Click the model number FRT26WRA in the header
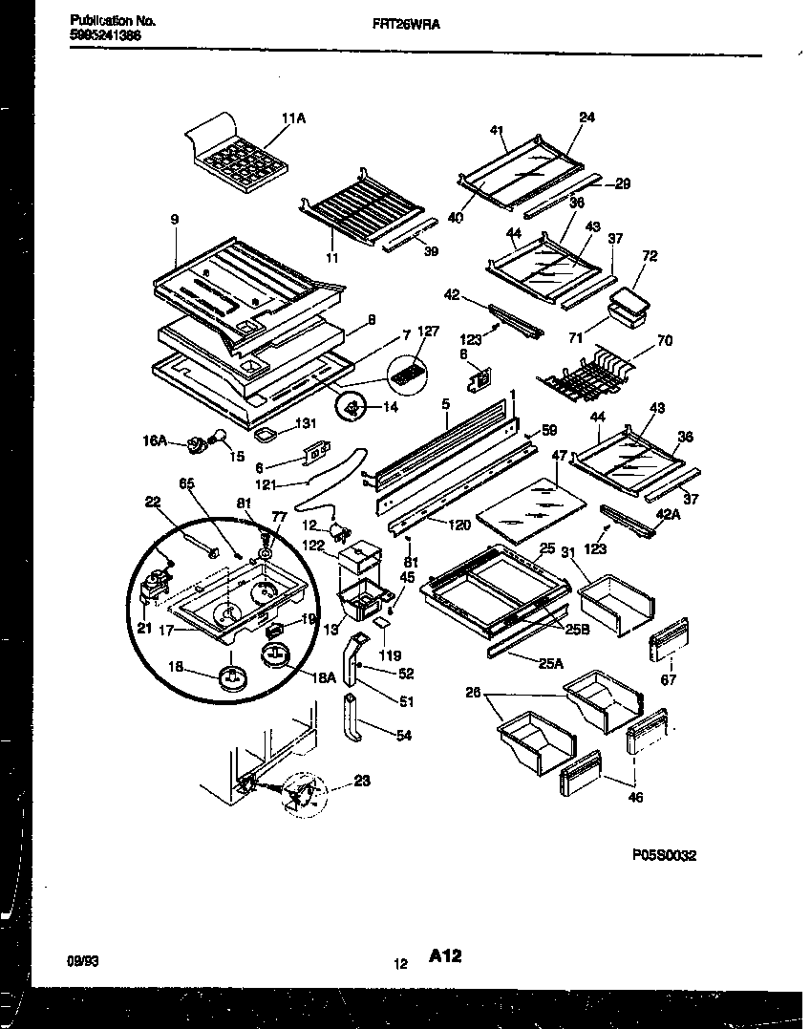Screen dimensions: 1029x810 (406, 28)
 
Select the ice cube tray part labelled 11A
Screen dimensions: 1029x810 (237, 153)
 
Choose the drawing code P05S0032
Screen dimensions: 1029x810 (664, 855)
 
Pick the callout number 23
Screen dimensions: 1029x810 (361, 780)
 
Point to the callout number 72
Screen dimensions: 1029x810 (650, 257)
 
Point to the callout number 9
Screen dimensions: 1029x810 (175, 220)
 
